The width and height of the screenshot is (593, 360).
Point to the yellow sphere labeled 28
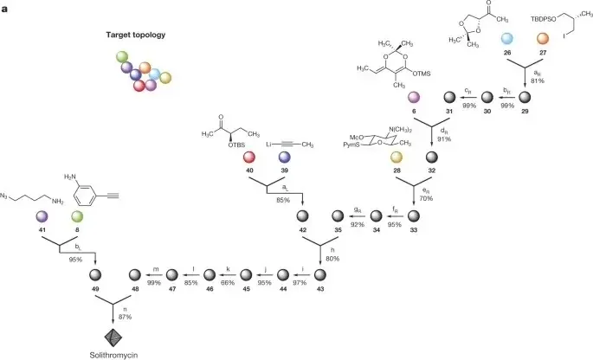click(397, 157)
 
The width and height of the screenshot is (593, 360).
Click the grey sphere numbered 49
click(94, 274)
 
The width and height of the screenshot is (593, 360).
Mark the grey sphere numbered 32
click(433, 157)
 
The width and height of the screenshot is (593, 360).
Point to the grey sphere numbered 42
click(302, 215)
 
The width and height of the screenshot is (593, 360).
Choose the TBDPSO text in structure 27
click(529, 16)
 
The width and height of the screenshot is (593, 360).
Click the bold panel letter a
click(6, 6)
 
